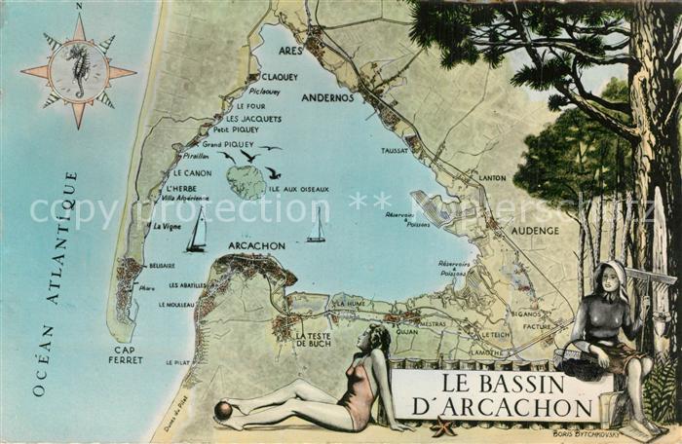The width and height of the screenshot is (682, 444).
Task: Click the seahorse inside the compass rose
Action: pos(79,71)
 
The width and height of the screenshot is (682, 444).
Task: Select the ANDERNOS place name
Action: pos(327,97)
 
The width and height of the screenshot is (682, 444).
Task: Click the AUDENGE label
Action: pos(536,231)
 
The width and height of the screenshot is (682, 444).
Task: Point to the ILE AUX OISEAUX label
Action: pos(299,189)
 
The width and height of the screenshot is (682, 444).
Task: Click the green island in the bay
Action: pos(246,181)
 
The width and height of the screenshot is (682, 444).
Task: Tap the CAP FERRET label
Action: pos(126,355)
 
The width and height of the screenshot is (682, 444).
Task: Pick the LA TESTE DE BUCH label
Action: pos(313,339)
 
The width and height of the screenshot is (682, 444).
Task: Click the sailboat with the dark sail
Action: pos(197,232)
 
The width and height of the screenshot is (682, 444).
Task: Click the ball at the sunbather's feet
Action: pos(223,411)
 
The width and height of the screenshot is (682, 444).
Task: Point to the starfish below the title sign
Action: pos(444,425)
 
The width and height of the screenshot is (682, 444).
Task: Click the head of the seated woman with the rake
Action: pos(612,277)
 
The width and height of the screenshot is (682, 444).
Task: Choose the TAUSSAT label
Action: pos(395,151)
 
